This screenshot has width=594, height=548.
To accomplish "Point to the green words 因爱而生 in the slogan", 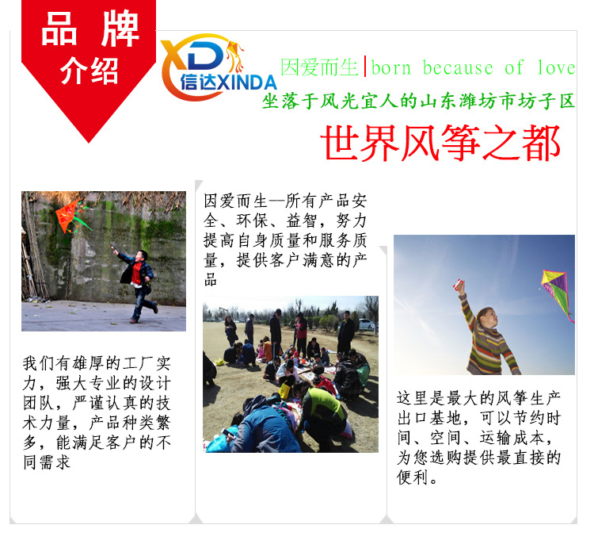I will pyautogui.click(x=320, y=67).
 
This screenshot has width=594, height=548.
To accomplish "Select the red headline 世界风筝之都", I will pyautogui.click(x=441, y=144).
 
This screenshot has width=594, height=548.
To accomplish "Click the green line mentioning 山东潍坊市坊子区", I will pyautogui.click(x=419, y=102).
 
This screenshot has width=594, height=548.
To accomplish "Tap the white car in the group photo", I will pyautogui.click(x=365, y=324).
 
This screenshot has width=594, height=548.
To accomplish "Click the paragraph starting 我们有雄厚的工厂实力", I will pyautogui.click(x=97, y=412).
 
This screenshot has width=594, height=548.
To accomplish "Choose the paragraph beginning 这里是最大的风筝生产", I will pyautogui.click(x=480, y=437).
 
